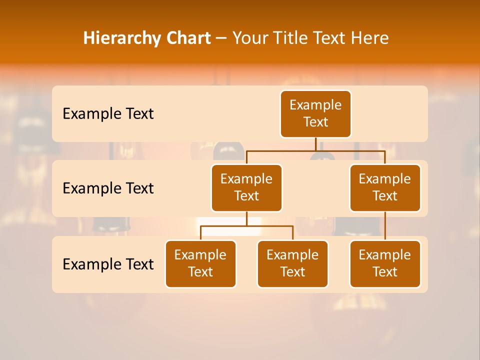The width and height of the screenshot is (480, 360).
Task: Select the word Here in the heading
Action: [x=370, y=38]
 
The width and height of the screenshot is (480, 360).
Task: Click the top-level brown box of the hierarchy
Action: [x=315, y=114]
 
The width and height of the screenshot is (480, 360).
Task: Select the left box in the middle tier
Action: [x=246, y=187]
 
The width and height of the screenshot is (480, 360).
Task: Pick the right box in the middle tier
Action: [x=385, y=187]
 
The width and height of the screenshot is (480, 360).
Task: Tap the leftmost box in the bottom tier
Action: [x=200, y=263]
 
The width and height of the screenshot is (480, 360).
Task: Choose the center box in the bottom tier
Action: [x=292, y=263]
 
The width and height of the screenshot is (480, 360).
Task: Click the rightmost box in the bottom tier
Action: [x=385, y=263]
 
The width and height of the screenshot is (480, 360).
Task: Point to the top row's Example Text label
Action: [x=108, y=114]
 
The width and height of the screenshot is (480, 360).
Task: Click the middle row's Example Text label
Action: [x=108, y=188]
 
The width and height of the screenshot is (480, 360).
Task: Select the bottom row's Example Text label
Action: [x=108, y=264]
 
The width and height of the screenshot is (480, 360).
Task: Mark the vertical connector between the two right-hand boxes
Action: [x=385, y=226]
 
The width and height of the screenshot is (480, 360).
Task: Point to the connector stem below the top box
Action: [x=315, y=144]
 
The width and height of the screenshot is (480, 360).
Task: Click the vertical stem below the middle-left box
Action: [x=246, y=218]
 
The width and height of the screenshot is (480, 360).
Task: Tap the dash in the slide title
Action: [x=221, y=38]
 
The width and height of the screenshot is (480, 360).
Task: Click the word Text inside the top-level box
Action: [x=315, y=122]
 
